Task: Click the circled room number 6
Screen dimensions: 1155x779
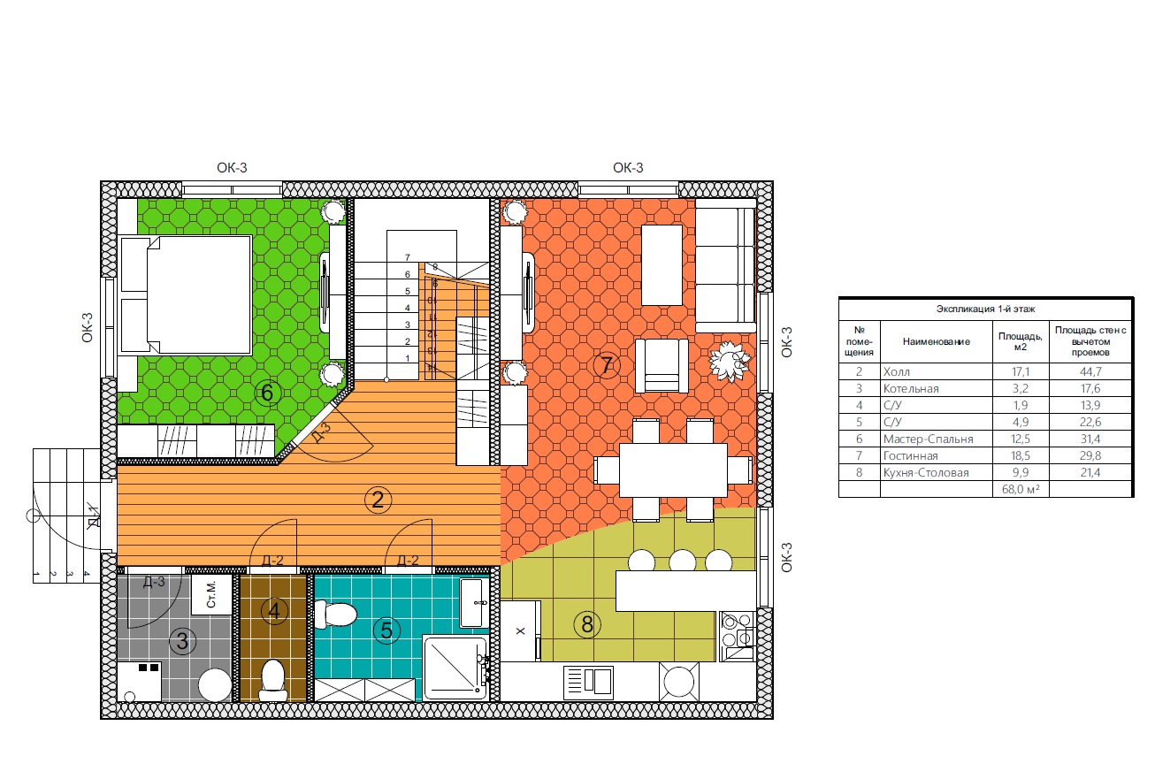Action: pyautogui.click(x=267, y=393)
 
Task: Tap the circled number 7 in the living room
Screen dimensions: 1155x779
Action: pyautogui.click(x=607, y=365)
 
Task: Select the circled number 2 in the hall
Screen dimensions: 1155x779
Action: pyautogui.click(x=378, y=500)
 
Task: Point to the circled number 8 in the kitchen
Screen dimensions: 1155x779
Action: pyautogui.click(x=587, y=625)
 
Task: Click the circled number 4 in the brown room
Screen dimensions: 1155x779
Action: pyautogui.click(x=274, y=611)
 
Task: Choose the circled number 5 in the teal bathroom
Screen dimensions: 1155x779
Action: pyautogui.click(x=386, y=630)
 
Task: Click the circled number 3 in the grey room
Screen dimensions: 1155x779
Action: pyautogui.click(x=182, y=642)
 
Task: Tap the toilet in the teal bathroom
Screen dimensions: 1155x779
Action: pyautogui.click(x=335, y=615)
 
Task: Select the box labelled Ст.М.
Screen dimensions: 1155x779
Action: pyautogui.click(x=211, y=594)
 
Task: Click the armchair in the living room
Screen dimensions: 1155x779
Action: pyautogui.click(x=662, y=366)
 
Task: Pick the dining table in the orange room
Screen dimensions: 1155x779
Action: pyautogui.click(x=673, y=470)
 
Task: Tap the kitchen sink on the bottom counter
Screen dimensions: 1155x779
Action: pyautogui.click(x=588, y=683)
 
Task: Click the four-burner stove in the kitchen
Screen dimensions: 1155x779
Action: pyautogui.click(x=738, y=636)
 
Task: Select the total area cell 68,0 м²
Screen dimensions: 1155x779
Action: pyautogui.click(x=1021, y=489)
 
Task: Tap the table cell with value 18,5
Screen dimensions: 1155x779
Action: pyautogui.click(x=1021, y=455)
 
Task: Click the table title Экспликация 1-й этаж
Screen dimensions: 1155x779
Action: pyautogui.click(x=985, y=309)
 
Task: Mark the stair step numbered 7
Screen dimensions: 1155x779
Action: pyautogui.click(x=408, y=257)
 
